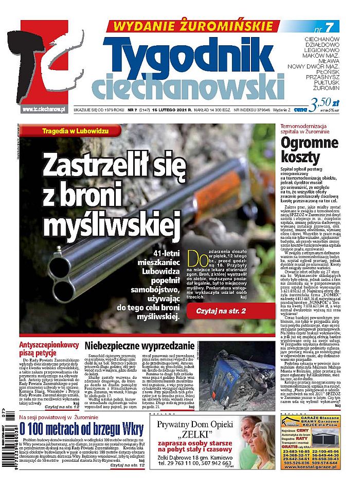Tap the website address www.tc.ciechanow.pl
(x=43, y=110)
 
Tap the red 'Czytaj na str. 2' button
(x=227, y=312)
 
